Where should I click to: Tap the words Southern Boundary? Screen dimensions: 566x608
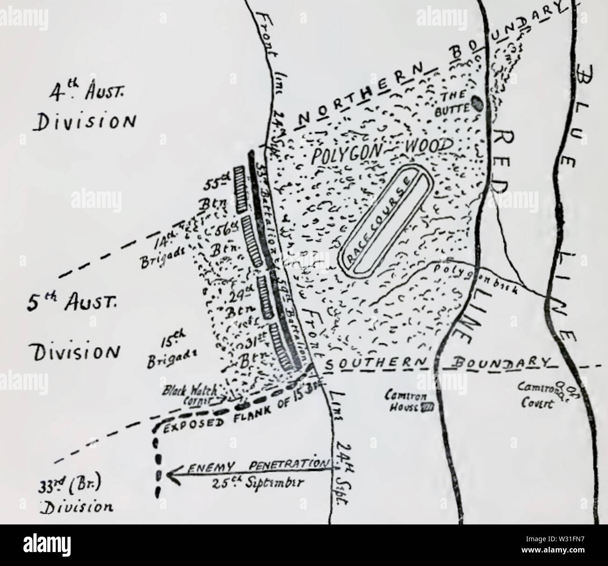coord(439,364)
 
